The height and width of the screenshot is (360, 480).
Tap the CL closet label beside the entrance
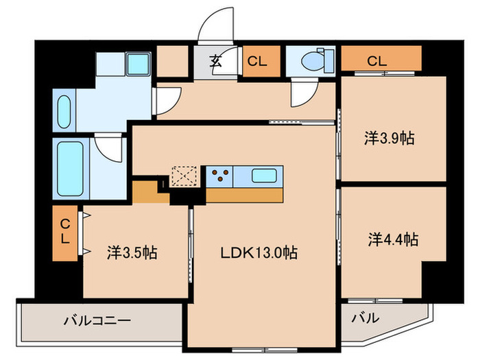tap(257, 61)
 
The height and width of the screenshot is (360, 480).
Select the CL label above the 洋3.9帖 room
tap(377, 60)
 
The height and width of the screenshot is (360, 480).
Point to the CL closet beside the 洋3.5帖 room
tap(65, 232)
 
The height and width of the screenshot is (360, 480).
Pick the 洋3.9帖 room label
tap(389, 139)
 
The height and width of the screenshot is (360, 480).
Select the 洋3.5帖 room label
tap(132, 252)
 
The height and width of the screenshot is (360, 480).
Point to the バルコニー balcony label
tap(97, 320)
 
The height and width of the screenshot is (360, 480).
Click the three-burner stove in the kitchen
tap(220, 176)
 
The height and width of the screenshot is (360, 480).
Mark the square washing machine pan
tap(138, 64)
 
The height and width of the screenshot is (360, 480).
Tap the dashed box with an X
tap(184, 176)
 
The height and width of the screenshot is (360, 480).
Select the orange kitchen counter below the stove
tap(244, 195)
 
